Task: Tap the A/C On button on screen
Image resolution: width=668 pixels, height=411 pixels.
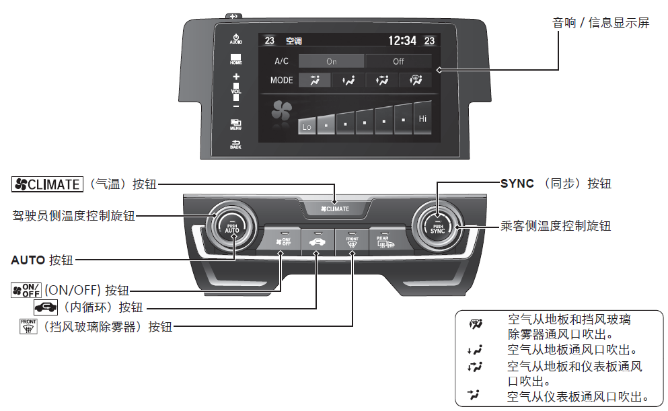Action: click(x=331, y=61)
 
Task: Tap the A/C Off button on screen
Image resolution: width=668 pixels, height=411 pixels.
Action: click(x=398, y=61)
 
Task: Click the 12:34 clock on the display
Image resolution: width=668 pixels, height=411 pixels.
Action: click(x=402, y=41)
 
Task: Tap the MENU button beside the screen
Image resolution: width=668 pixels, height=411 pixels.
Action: click(x=236, y=124)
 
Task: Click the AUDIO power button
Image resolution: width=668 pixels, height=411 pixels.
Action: click(x=236, y=39)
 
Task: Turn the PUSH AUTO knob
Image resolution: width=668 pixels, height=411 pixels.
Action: click(x=232, y=227)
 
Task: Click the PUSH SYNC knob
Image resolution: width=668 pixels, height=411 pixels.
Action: click(x=437, y=227)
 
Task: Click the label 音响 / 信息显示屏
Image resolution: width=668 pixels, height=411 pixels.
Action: click(x=601, y=23)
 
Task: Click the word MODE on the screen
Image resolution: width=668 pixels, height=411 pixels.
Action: click(x=282, y=80)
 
